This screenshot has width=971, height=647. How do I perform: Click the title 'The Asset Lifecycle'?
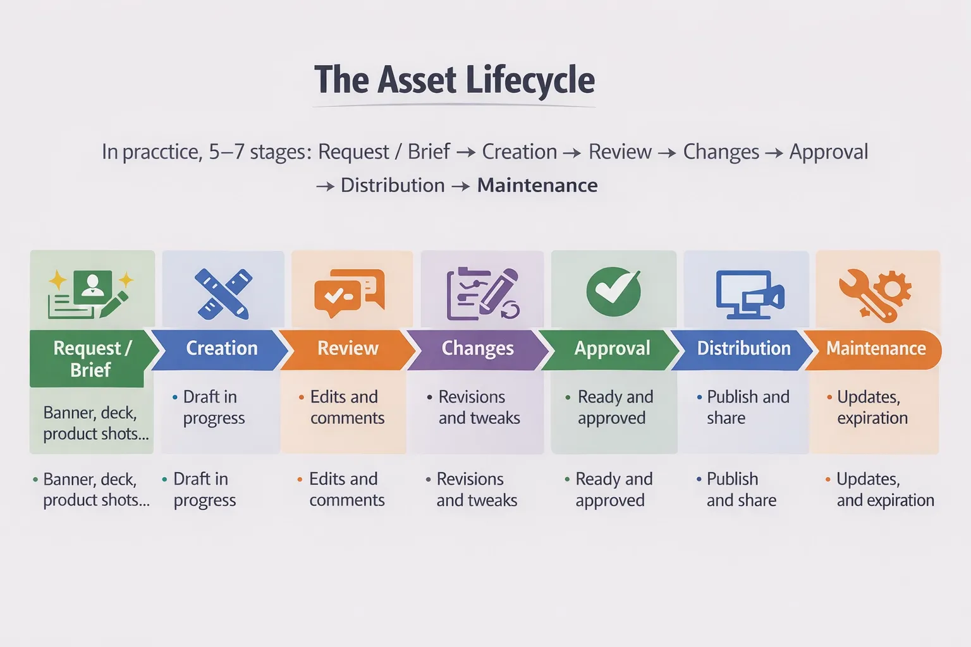click(455, 80)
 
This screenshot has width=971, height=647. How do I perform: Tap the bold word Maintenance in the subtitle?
click(537, 185)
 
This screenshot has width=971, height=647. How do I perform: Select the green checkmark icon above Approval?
click(613, 291)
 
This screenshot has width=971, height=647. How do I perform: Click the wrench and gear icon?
click(875, 294)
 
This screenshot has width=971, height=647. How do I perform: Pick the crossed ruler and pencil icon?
click(223, 293)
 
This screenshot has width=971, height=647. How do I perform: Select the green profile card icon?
click(92, 293)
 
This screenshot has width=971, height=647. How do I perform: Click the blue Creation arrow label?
click(221, 349)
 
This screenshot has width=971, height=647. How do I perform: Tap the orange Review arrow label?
click(348, 349)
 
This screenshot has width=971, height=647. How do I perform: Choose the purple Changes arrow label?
click(477, 349)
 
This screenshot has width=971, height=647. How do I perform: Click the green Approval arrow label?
click(612, 349)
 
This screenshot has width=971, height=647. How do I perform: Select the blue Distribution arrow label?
click(743, 349)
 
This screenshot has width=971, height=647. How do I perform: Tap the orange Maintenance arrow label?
click(876, 349)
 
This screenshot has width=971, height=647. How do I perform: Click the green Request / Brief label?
click(91, 358)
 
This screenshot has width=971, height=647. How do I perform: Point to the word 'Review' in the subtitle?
click(620, 152)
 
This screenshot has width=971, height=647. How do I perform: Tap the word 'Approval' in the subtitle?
click(828, 152)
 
